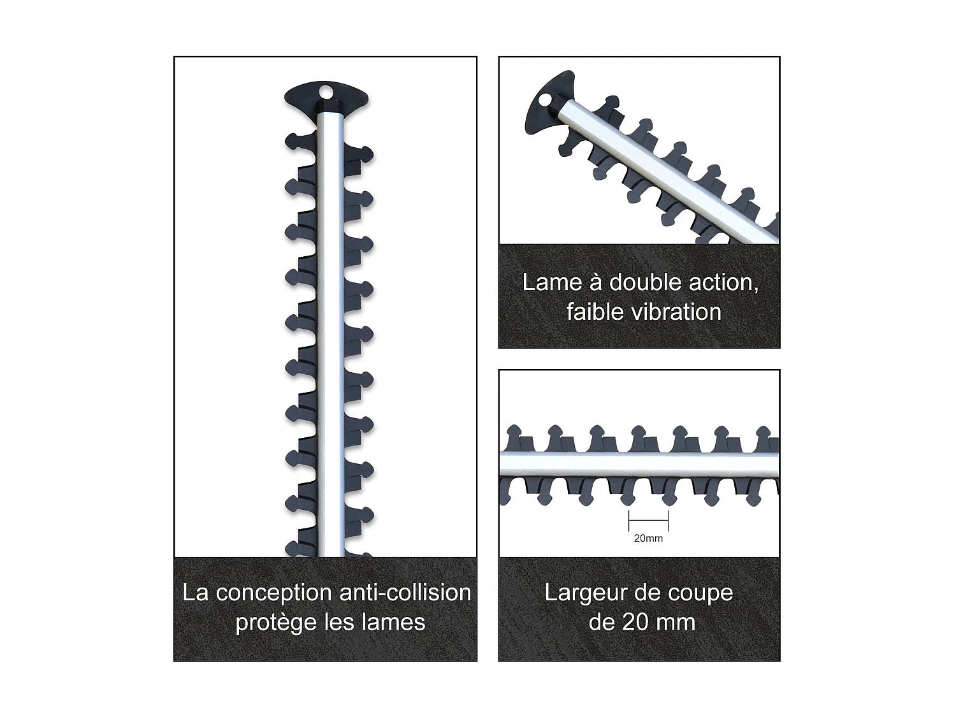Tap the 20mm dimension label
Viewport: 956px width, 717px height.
(648, 539)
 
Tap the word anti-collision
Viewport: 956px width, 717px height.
(405, 593)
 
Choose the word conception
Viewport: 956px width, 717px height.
(274, 593)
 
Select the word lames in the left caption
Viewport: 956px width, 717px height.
(393, 623)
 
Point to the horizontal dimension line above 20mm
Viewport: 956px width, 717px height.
(648, 521)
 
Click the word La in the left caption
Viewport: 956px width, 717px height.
(196, 593)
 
